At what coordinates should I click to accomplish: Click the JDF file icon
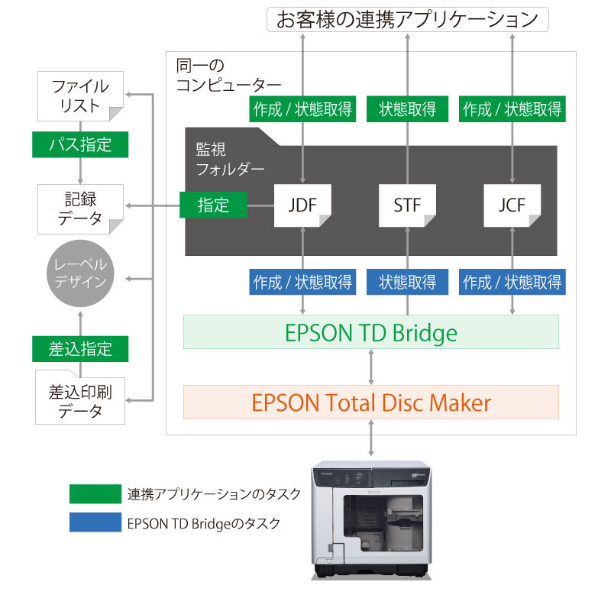click(302, 205)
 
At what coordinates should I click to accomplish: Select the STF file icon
click(407, 205)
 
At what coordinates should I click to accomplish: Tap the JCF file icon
click(512, 205)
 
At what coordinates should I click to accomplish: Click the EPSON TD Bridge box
click(371, 332)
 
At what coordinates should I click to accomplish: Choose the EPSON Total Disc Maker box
click(371, 402)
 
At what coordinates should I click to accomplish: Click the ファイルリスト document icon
click(80, 96)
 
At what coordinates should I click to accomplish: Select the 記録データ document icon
click(80, 209)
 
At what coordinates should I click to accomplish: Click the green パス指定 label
click(80, 144)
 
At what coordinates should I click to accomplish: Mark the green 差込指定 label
click(80, 349)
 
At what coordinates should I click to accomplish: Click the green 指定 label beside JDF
click(214, 205)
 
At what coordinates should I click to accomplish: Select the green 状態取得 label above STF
click(407, 108)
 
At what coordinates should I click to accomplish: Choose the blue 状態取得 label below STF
click(407, 283)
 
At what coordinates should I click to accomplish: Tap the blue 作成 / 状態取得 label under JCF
click(512, 283)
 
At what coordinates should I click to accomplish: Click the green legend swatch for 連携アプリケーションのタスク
click(95, 493)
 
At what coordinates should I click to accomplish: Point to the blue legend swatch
click(95, 523)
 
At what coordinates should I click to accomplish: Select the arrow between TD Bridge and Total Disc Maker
click(371, 367)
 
